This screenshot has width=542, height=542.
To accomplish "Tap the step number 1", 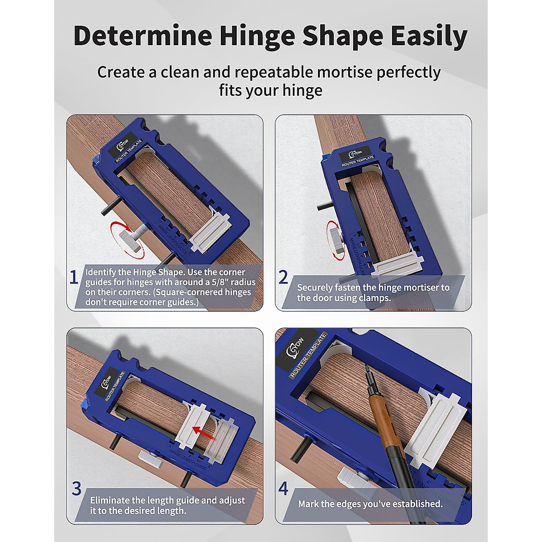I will [x=74, y=277].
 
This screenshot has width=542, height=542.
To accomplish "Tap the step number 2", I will [x=283, y=277].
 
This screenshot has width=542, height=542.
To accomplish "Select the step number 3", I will [x=76, y=489].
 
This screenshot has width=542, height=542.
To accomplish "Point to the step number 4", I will [x=283, y=489].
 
